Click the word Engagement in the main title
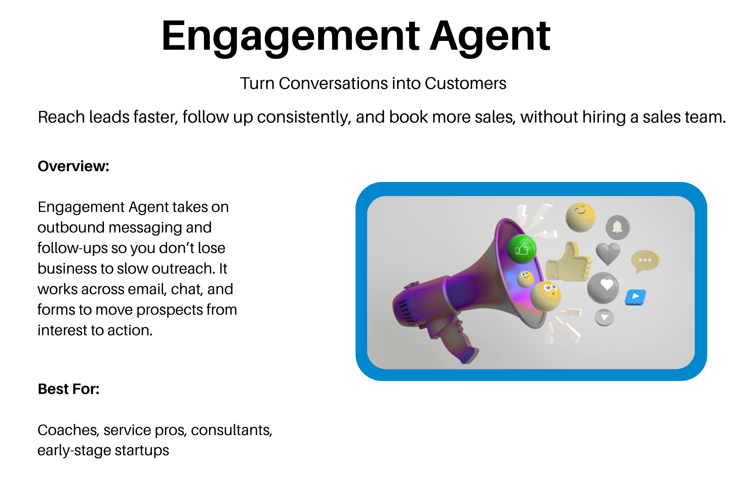coord(290,37)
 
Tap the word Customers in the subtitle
coord(465,83)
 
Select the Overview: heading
coord(73,166)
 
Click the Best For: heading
coord(68,389)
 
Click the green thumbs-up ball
coord(522,249)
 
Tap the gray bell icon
coord(618,227)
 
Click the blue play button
coord(636,297)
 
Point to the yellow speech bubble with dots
coord(645,261)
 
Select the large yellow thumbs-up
coord(568,263)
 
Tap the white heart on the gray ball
coord(606,285)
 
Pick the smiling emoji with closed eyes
coord(580,217)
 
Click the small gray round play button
coord(604,317)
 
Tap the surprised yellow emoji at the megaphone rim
coord(546,296)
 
